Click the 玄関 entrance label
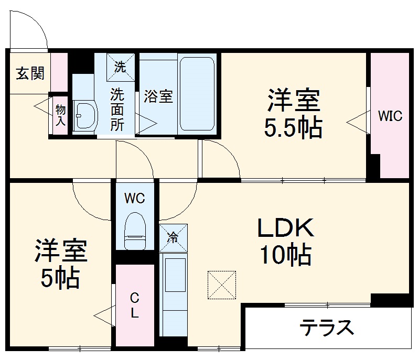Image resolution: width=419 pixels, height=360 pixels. click(x=30, y=73)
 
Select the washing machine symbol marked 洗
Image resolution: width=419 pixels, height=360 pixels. click(x=121, y=67)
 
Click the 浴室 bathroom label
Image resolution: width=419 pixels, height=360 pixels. click(x=158, y=97)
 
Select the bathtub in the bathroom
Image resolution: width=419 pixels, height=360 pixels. click(x=197, y=94)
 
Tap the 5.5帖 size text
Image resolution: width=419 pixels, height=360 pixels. click(x=293, y=128)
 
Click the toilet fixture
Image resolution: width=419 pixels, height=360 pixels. click(x=134, y=231)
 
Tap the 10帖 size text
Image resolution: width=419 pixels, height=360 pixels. click(x=285, y=255)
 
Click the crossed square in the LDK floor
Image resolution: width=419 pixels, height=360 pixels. click(x=222, y=286)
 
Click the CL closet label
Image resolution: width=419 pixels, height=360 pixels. click(x=134, y=307)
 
